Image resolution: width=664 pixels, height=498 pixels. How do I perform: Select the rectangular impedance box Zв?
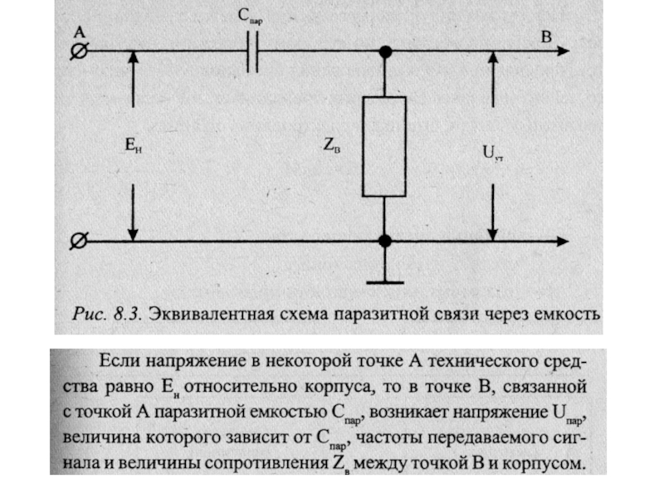384,146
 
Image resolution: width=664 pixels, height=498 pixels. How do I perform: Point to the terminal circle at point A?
77,52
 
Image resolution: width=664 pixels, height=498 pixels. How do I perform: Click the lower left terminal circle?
77,242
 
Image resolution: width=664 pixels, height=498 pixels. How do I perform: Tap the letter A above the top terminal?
80,32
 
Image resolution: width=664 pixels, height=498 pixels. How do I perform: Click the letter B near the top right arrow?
545,37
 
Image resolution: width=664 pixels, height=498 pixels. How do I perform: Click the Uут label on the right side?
492,152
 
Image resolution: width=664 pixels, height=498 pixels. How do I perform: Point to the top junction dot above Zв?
384,52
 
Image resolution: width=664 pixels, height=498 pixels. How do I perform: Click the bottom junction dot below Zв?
384,242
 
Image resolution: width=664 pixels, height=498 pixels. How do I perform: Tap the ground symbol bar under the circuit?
384,281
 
